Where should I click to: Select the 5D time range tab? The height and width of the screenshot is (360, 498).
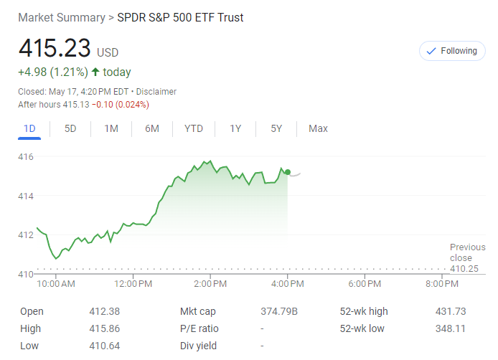coord(70,128)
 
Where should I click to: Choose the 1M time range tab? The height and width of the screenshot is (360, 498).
coord(111,128)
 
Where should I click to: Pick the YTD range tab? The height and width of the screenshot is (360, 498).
coord(194,128)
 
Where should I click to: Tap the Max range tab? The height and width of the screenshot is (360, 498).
coord(318,128)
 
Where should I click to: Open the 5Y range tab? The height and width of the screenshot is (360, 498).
coord(276,128)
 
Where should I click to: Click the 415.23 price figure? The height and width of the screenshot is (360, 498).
coord(55,49)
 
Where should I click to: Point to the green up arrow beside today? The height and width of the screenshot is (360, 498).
coord(95,72)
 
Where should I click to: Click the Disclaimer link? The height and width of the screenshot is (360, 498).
coord(156,92)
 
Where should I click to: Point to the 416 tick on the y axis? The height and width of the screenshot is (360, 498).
coord(27,156)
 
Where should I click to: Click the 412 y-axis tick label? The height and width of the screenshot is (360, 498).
coord(27,235)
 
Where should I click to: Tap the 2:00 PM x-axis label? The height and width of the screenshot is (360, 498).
coord(210,284)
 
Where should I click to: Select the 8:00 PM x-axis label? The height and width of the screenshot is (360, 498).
coord(441,284)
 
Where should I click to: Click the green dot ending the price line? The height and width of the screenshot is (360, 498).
coord(288,172)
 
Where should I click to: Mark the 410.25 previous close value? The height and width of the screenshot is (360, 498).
coord(464,268)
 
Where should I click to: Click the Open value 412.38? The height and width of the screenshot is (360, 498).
coord(104,311)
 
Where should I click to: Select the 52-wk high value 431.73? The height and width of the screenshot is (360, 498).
coord(451,311)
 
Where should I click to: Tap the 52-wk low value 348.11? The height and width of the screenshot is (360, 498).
coord(451,328)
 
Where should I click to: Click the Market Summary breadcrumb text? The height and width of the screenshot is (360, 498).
coord(61,17)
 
